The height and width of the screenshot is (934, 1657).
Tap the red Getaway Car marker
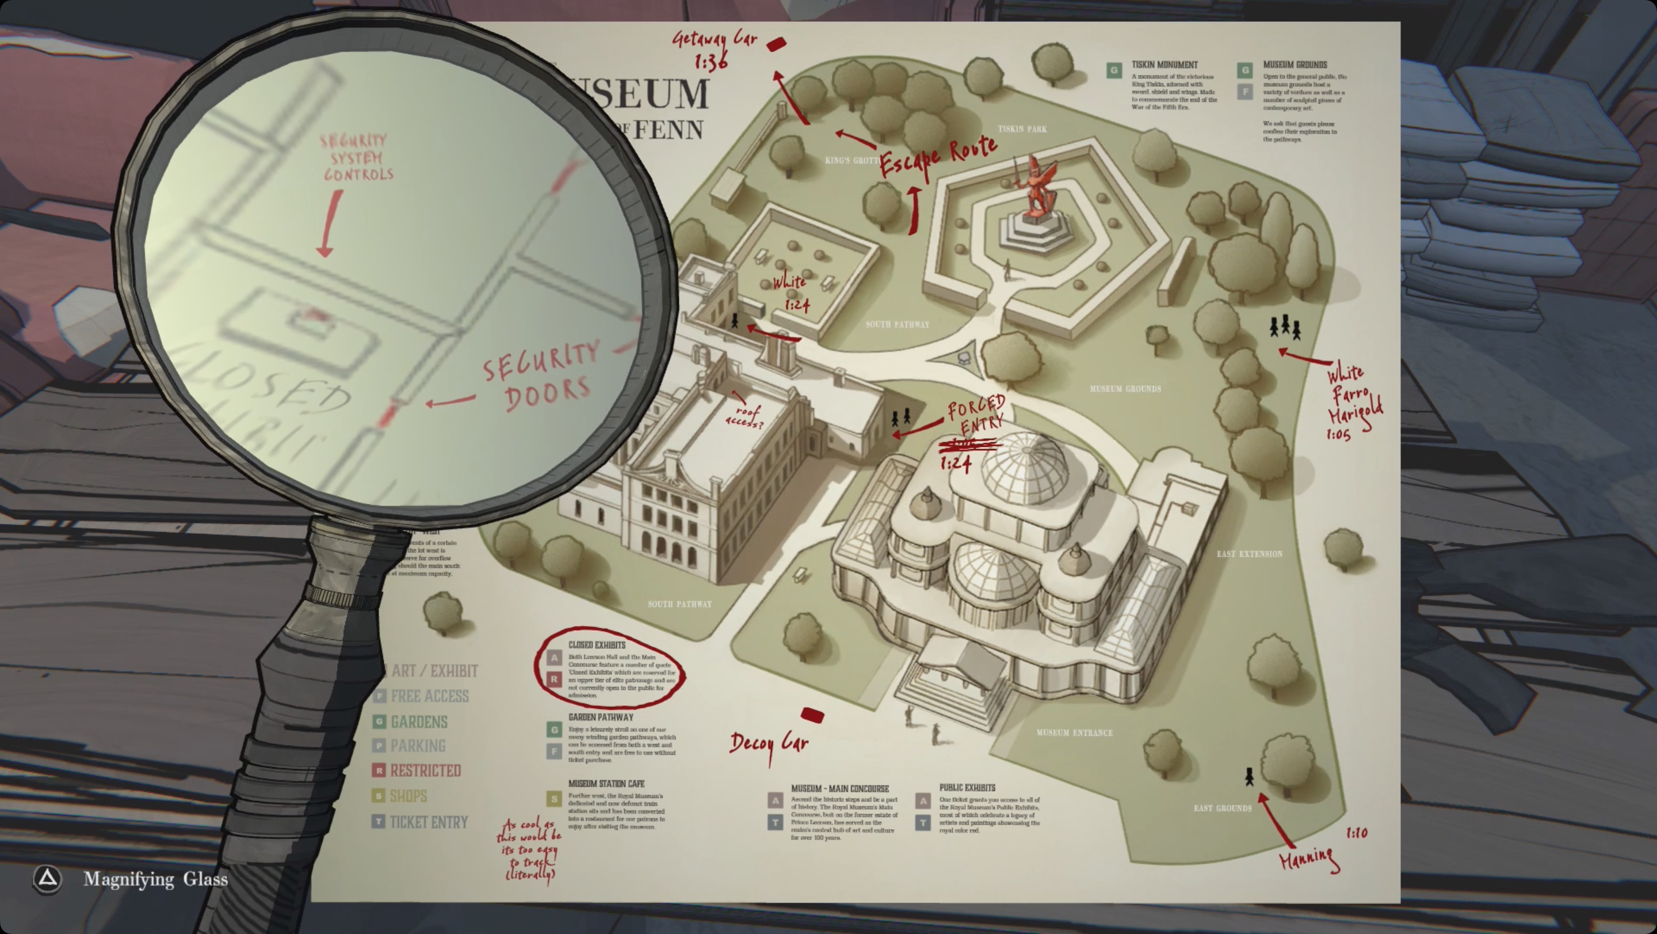click(x=776, y=44)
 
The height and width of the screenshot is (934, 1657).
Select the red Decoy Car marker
click(x=812, y=715)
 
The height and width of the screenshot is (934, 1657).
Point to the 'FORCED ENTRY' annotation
click(x=976, y=416)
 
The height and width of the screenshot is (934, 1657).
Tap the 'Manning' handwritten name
click(x=1308, y=859)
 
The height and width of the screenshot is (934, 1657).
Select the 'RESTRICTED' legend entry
click(x=425, y=770)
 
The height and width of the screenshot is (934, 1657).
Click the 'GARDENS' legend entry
click(x=418, y=722)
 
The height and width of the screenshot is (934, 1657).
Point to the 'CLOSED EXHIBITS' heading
click(x=596, y=645)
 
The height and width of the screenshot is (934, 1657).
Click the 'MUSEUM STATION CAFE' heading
click(x=606, y=783)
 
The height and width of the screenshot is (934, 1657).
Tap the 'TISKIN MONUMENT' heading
click(x=1165, y=65)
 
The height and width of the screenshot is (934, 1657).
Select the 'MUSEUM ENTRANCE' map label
click(x=1074, y=732)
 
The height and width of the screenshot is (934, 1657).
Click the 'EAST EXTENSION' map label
click(x=1249, y=553)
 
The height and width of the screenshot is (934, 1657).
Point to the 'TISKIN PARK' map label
click(x=1022, y=129)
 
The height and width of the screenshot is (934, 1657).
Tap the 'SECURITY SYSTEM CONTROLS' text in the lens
click(x=356, y=158)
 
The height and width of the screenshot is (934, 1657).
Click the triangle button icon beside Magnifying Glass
click(x=48, y=879)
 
